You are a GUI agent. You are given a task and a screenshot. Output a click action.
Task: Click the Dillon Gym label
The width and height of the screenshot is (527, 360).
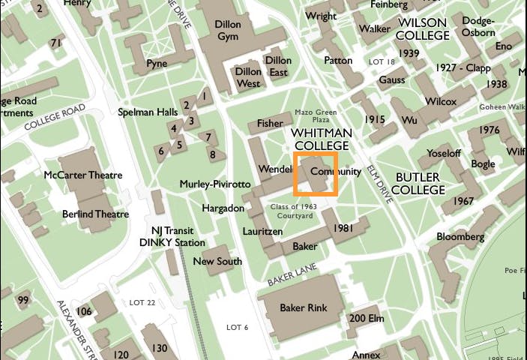point(229,30)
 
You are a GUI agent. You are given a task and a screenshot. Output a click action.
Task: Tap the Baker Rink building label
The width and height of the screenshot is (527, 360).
point(303,308)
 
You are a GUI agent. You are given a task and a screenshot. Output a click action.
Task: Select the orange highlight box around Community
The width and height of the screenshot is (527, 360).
point(316,174)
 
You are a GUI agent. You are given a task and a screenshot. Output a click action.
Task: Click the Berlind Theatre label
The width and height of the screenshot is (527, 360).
point(96,214)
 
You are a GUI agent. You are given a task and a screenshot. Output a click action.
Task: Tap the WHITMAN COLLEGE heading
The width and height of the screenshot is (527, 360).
point(321,139)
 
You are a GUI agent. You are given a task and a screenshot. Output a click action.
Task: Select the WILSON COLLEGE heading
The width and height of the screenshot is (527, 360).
point(422,29)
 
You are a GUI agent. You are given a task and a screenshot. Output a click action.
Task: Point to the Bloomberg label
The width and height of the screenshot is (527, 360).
point(460,237)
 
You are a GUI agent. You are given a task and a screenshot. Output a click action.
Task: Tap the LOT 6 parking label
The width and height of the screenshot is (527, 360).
point(237,327)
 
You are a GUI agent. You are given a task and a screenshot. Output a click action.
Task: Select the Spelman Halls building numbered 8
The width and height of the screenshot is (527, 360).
point(213,155)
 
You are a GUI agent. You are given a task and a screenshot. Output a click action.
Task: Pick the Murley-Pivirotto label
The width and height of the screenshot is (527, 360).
point(215,184)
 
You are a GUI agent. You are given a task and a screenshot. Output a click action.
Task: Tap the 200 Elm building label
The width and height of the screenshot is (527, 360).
point(367,319)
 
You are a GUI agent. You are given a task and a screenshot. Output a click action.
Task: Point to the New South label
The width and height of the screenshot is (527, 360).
point(217,262)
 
